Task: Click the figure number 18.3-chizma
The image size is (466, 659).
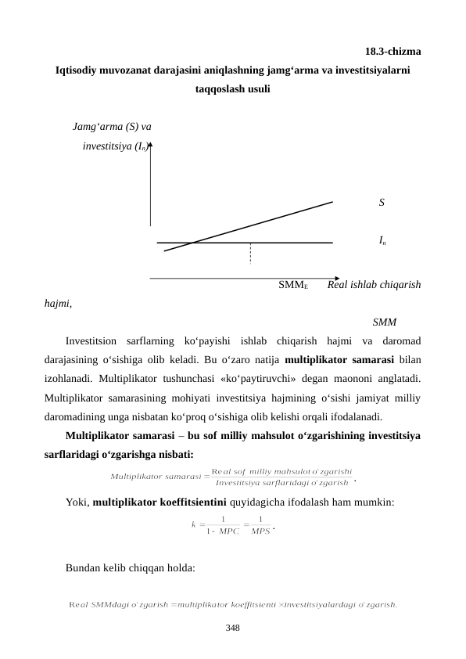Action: [394, 52]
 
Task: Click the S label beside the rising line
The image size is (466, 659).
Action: [381, 203]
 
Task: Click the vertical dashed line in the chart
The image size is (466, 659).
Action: [250, 254]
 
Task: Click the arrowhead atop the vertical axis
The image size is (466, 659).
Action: [151, 145]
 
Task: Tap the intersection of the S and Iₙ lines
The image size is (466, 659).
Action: [195, 243]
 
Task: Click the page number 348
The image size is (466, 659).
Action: [233, 628]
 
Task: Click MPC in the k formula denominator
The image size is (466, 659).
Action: [228, 530]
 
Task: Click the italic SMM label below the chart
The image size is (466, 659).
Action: [385, 322]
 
